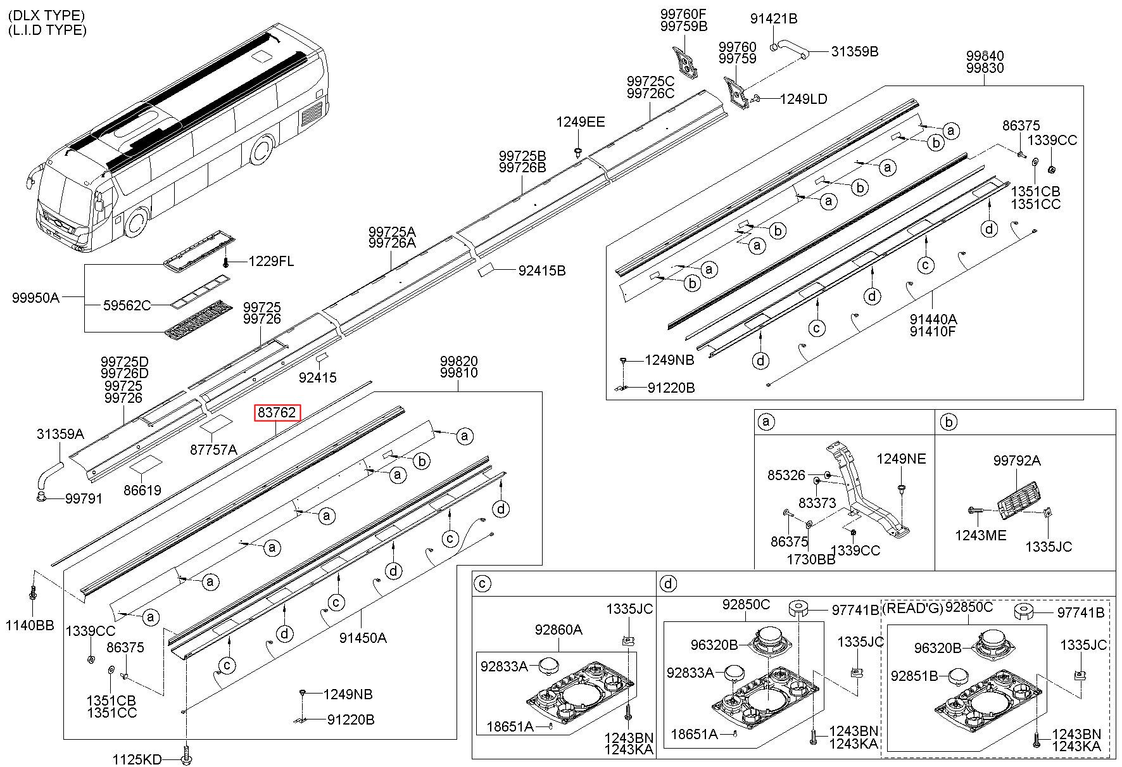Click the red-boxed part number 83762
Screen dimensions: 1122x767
click(x=277, y=413)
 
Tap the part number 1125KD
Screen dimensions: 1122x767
click(x=137, y=759)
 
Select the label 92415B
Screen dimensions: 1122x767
click(x=542, y=271)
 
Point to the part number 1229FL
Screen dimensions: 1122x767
click(x=271, y=261)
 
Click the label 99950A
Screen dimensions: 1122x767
click(x=35, y=297)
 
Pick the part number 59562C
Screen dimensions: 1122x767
click(x=127, y=306)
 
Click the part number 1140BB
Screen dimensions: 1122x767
click(x=30, y=626)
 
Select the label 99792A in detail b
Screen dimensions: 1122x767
click(x=1017, y=461)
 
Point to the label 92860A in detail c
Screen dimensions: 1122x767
click(x=558, y=630)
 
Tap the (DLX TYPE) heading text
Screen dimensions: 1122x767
click(x=47, y=15)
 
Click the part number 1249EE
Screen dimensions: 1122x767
click(x=581, y=122)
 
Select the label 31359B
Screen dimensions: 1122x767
click(x=855, y=52)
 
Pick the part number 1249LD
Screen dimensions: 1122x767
click(x=804, y=99)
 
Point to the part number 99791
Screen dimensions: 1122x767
click(x=84, y=499)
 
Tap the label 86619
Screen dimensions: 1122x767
click(x=142, y=490)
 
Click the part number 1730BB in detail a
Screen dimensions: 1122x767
click(x=811, y=560)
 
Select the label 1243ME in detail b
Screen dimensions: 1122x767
click(x=981, y=536)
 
